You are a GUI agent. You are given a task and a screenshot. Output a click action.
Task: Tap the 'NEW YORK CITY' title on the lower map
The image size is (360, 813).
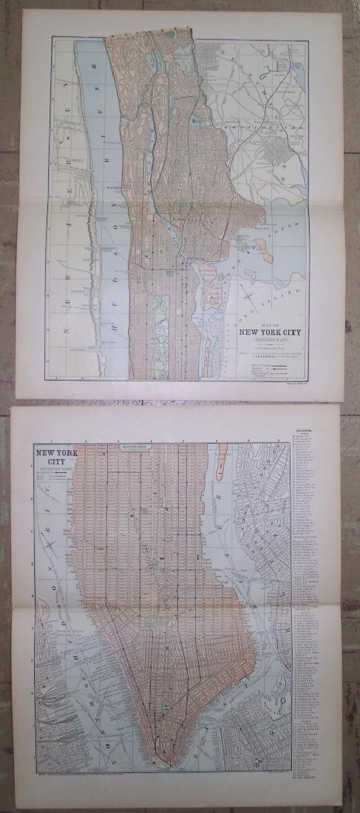(x=54, y=454)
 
